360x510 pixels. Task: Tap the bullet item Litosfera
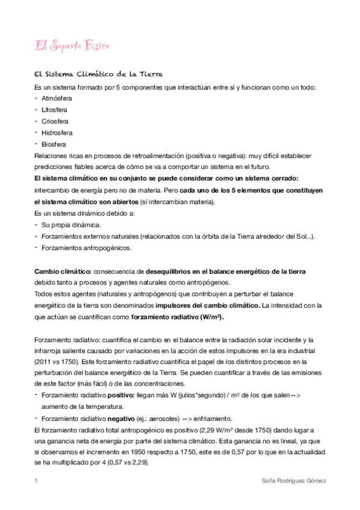[x=54, y=111]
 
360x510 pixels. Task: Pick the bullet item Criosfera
[x=55, y=121]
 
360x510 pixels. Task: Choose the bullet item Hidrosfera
[x=57, y=133]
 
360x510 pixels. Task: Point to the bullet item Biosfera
[x=53, y=144]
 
